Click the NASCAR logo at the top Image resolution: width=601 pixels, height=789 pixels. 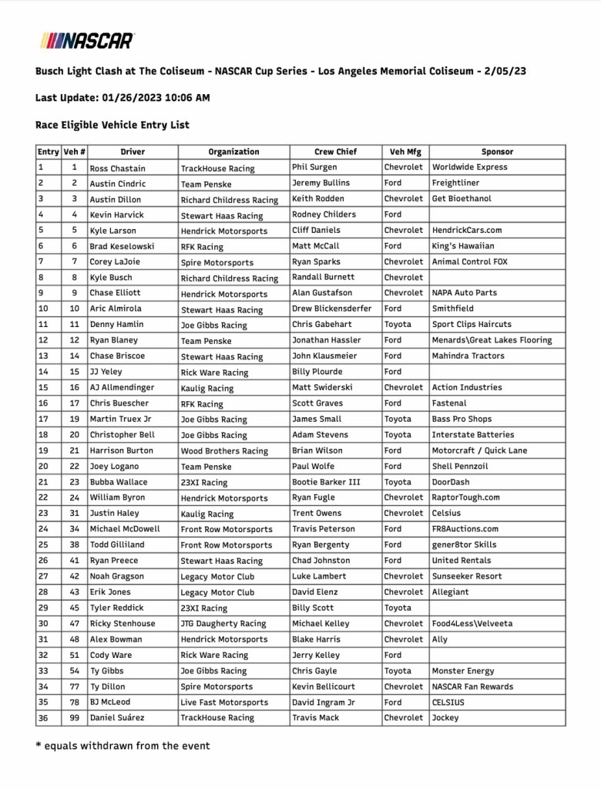coord(87,39)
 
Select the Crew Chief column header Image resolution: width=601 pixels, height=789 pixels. coord(335,152)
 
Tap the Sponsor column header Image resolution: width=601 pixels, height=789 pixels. coord(497,152)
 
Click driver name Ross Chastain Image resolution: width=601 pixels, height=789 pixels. coord(117,168)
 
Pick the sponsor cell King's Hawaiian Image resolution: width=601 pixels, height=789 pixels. coord(463,246)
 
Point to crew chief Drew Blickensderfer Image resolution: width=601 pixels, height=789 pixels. coord(331,309)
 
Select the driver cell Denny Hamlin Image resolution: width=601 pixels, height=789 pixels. coord(114,325)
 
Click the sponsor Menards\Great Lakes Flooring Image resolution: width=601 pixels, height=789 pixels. coord(492,340)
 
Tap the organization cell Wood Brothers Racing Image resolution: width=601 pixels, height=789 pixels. coord(224,451)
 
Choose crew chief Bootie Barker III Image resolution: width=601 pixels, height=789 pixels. coord(326,482)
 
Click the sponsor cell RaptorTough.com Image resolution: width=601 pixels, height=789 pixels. coord(465,497)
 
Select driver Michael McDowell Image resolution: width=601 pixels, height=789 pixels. coord(125,529)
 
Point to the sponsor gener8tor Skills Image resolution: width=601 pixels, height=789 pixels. coord(464,545)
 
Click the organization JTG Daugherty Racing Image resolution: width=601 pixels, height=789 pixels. coord(223,624)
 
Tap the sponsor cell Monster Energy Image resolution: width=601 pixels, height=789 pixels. coord(463,671)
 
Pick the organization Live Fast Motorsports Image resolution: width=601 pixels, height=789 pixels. coord(224,703)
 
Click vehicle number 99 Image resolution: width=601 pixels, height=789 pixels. coord(74,718)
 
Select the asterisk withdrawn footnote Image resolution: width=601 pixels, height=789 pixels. coord(123,746)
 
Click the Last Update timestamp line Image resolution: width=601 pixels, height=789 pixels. coord(123,98)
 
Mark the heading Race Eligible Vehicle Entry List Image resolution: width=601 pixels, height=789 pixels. coord(112,125)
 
